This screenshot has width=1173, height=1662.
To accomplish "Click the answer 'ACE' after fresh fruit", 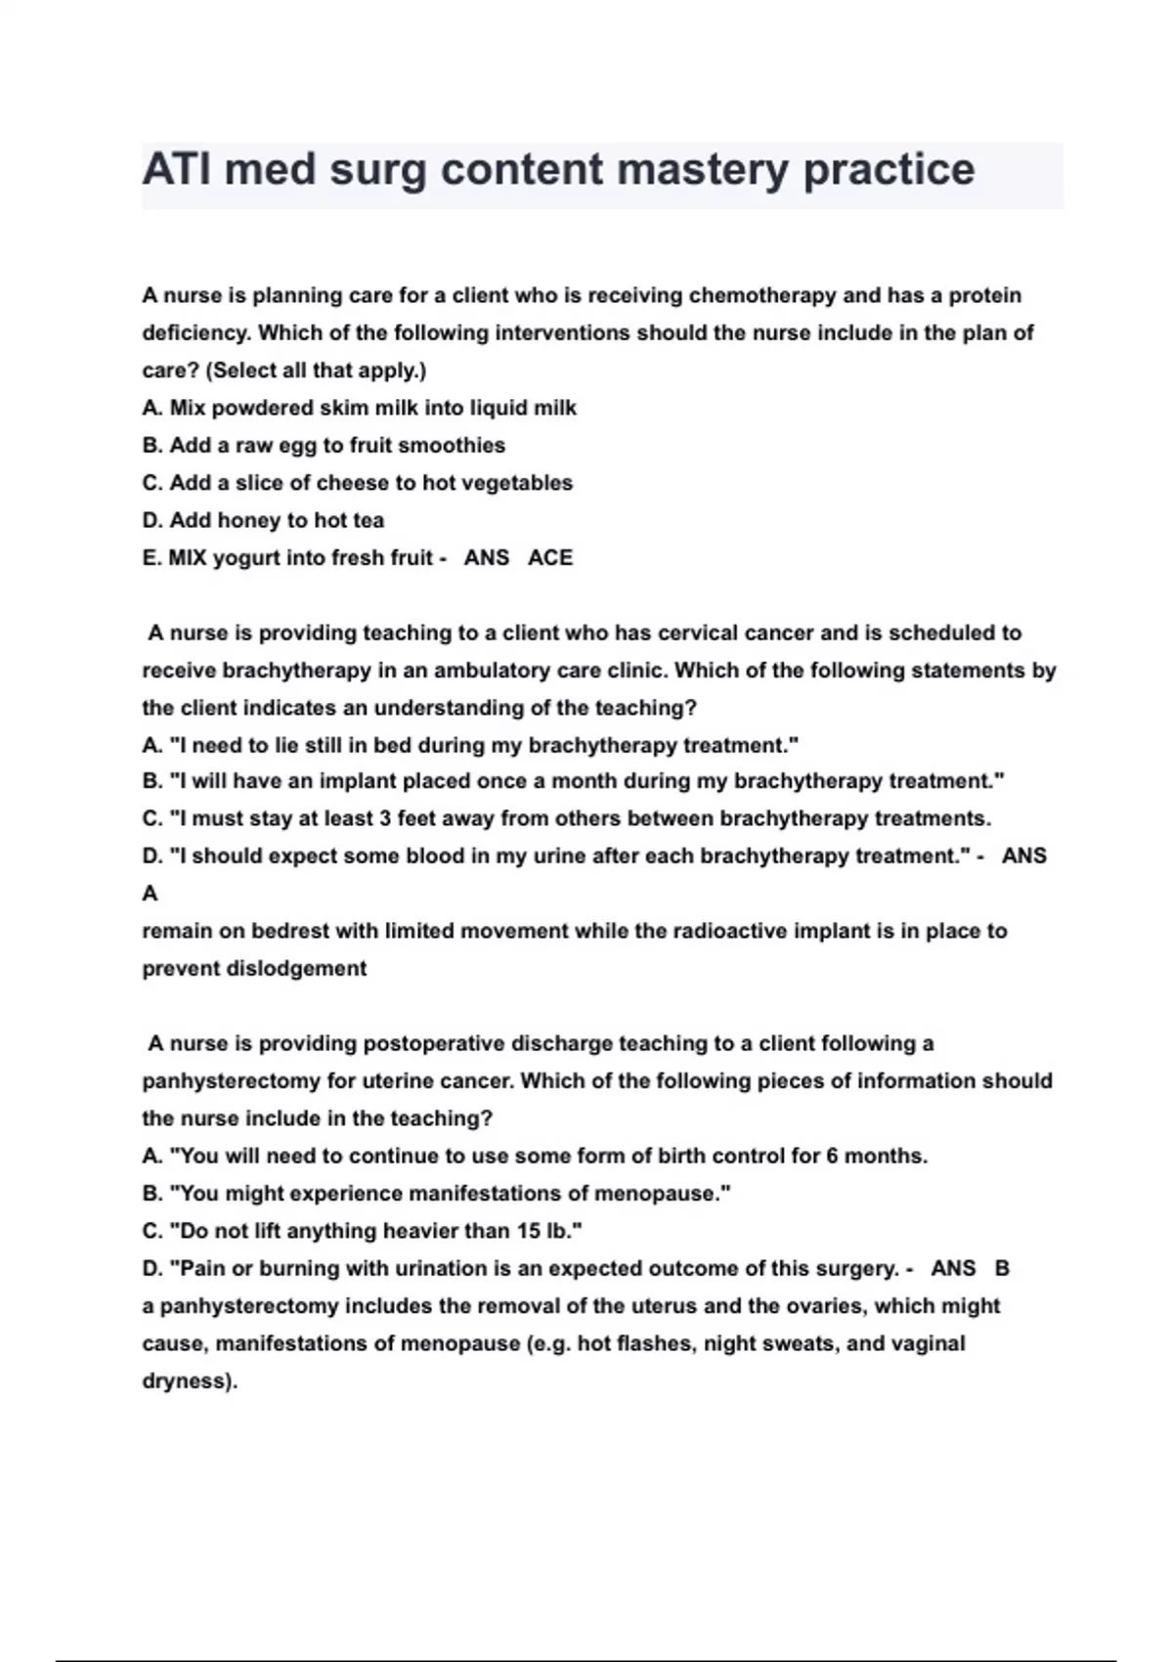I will pos(550,558).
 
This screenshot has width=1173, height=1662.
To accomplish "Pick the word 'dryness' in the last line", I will pos(187,1381).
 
